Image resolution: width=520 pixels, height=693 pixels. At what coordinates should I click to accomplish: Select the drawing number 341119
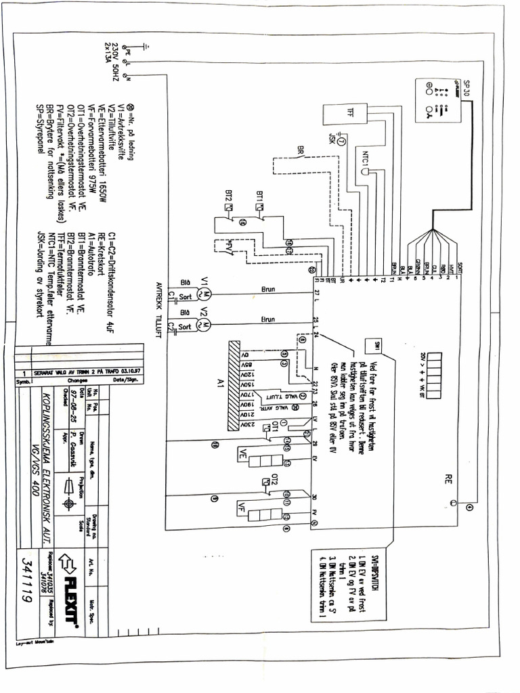[29, 585]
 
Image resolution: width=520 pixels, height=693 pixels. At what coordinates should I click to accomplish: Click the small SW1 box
[374, 346]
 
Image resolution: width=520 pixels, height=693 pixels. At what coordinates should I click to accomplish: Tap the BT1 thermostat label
[260, 196]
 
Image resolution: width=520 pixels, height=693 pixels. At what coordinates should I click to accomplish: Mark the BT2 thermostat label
[227, 196]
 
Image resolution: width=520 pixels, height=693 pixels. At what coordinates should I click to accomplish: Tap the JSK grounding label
[332, 141]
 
